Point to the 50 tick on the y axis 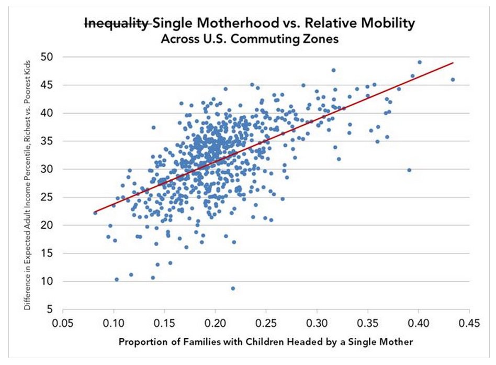(x=51, y=57)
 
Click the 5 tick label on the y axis (x=54, y=309)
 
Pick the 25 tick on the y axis (x=51, y=197)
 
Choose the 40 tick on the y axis (x=51, y=113)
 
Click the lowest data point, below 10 (x=233, y=288)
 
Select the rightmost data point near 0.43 (x=453, y=80)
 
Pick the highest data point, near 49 (x=420, y=62)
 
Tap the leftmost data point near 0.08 (x=95, y=213)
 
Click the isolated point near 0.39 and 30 (x=409, y=170)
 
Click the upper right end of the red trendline (x=453, y=63)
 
